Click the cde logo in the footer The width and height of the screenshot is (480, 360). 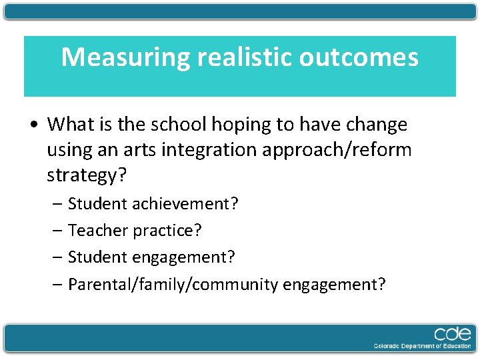pos(452,333)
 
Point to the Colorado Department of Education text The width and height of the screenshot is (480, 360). pos(422,346)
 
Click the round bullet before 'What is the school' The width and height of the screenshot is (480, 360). pos(35,125)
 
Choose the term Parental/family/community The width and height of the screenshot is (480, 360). pos(173,285)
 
